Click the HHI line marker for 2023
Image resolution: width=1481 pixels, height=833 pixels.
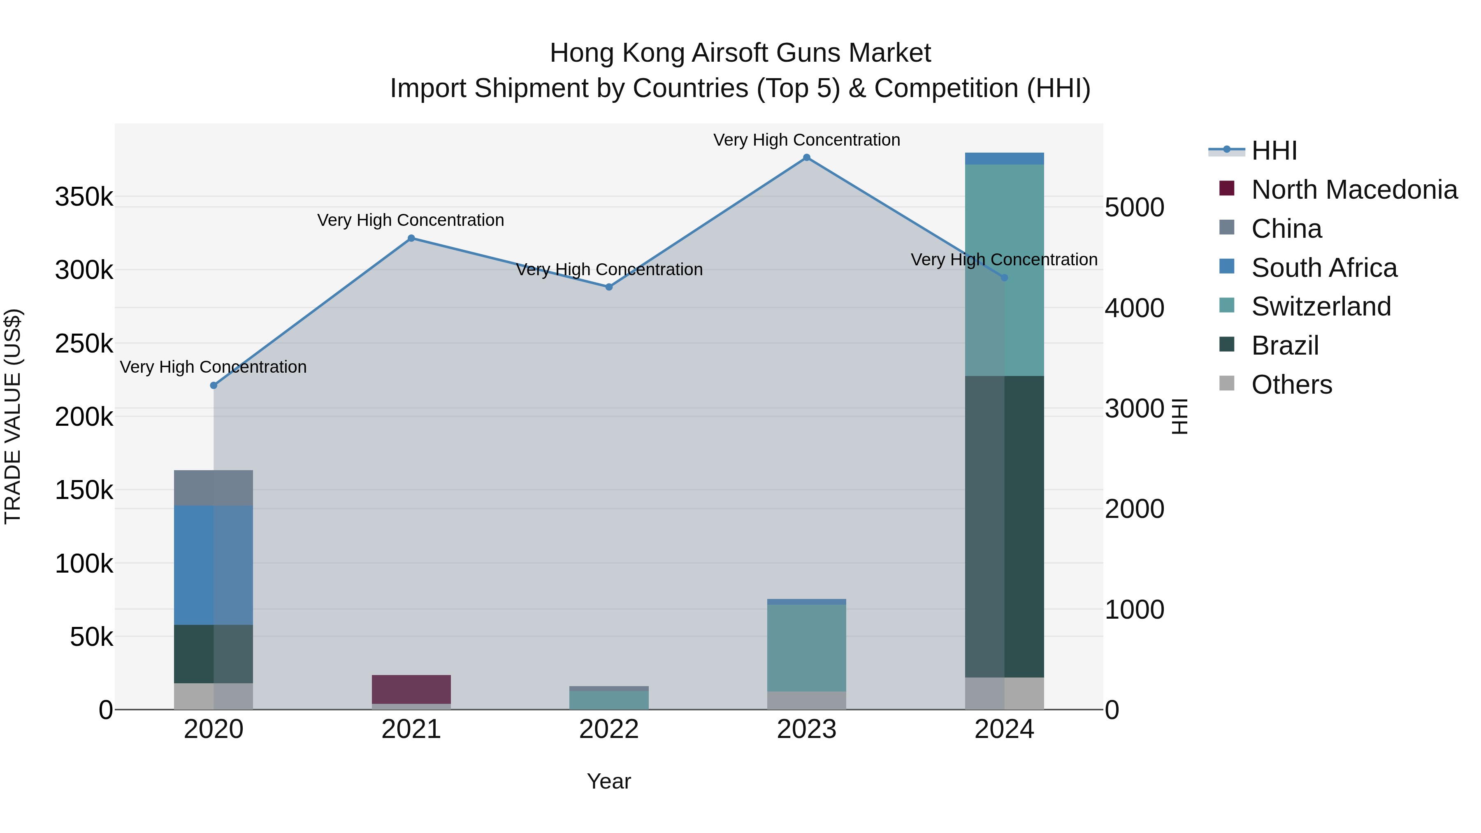[x=807, y=158]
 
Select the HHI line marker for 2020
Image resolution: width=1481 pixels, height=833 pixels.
[x=214, y=386]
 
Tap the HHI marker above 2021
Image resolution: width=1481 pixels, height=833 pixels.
[x=411, y=238]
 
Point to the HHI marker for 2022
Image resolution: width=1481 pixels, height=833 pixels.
[x=609, y=287]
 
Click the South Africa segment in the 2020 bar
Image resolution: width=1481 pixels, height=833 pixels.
[x=213, y=565]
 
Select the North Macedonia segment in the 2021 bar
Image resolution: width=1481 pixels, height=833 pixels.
[x=411, y=689]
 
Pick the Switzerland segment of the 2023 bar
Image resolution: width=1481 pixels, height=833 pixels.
[x=807, y=648]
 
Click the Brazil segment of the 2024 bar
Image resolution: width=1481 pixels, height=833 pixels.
[x=1004, y=527]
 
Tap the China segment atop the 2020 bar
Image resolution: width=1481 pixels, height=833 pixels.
[x=213, y=488]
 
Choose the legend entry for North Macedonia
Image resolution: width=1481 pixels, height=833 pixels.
[x=1354, y=190]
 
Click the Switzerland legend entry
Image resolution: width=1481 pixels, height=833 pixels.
[x=1321, y=306]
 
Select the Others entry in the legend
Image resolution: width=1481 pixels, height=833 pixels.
[x=1291, y=385]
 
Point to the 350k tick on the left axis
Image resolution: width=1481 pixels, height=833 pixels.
[x=84, y=197]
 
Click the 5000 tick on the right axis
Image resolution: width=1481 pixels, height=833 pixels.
[x=1134, y=208]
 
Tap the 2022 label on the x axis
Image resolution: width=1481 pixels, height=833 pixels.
[x=609, y=729]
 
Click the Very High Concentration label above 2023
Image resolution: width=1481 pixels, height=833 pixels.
[x=807, y=140]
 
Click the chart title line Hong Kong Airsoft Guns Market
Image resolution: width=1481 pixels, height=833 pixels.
[x=740, y=53]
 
